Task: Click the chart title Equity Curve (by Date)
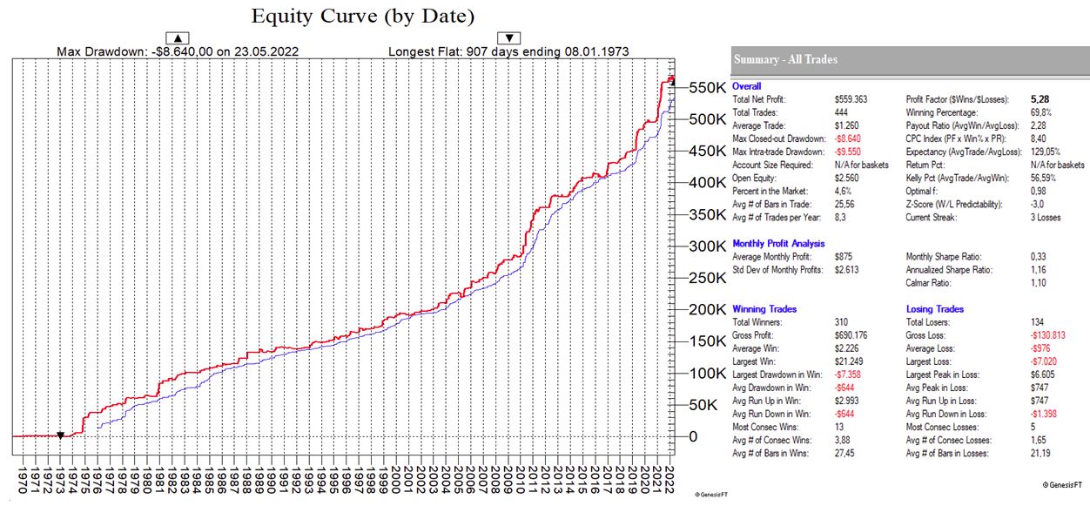[363, 17]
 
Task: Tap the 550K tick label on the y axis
[707, 88]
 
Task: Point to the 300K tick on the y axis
[707, 246]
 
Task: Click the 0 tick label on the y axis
[693, 436]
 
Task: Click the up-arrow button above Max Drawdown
[178, 37]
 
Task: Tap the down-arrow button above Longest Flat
[508, 37]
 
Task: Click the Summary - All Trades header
[785, 59]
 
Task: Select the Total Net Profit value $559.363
[851, 101]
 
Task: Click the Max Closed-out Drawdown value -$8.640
[849, 138]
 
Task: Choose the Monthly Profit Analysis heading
[778, 244]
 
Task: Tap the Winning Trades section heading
[764, 309]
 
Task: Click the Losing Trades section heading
[934, 309]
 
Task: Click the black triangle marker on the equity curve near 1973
[60, 435]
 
